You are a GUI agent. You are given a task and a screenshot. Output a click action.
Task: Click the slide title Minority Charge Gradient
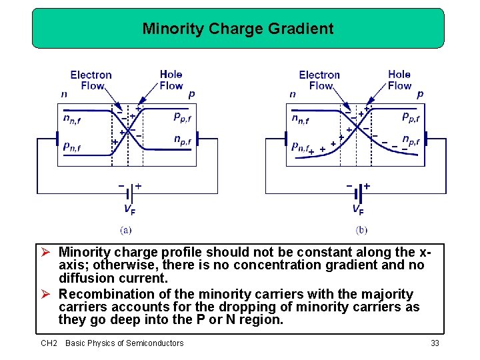click(238, 29)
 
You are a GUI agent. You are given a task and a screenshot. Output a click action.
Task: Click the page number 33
click(435, 343)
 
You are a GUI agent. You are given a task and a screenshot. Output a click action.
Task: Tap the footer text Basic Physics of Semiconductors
click(124, 343)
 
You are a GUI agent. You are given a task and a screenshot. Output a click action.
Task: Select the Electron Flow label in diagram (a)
click(91, 80)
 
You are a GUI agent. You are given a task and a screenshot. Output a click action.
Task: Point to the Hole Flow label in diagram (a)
click(171, 80)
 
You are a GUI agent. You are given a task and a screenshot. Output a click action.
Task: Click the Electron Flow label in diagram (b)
click(319, 80)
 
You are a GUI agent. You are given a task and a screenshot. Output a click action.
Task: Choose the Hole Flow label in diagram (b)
click(399, 80)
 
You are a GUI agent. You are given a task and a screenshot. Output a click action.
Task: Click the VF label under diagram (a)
click(129, 209)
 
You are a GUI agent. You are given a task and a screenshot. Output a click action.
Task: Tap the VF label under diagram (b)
click(358, 209)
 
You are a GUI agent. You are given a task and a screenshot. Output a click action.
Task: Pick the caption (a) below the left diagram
click(125, 230)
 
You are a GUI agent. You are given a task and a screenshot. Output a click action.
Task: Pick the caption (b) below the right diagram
click(361, 230)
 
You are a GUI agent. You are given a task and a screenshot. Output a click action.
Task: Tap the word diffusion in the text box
click(85, 277)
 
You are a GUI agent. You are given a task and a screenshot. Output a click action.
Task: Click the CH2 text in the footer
click(49, 343)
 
